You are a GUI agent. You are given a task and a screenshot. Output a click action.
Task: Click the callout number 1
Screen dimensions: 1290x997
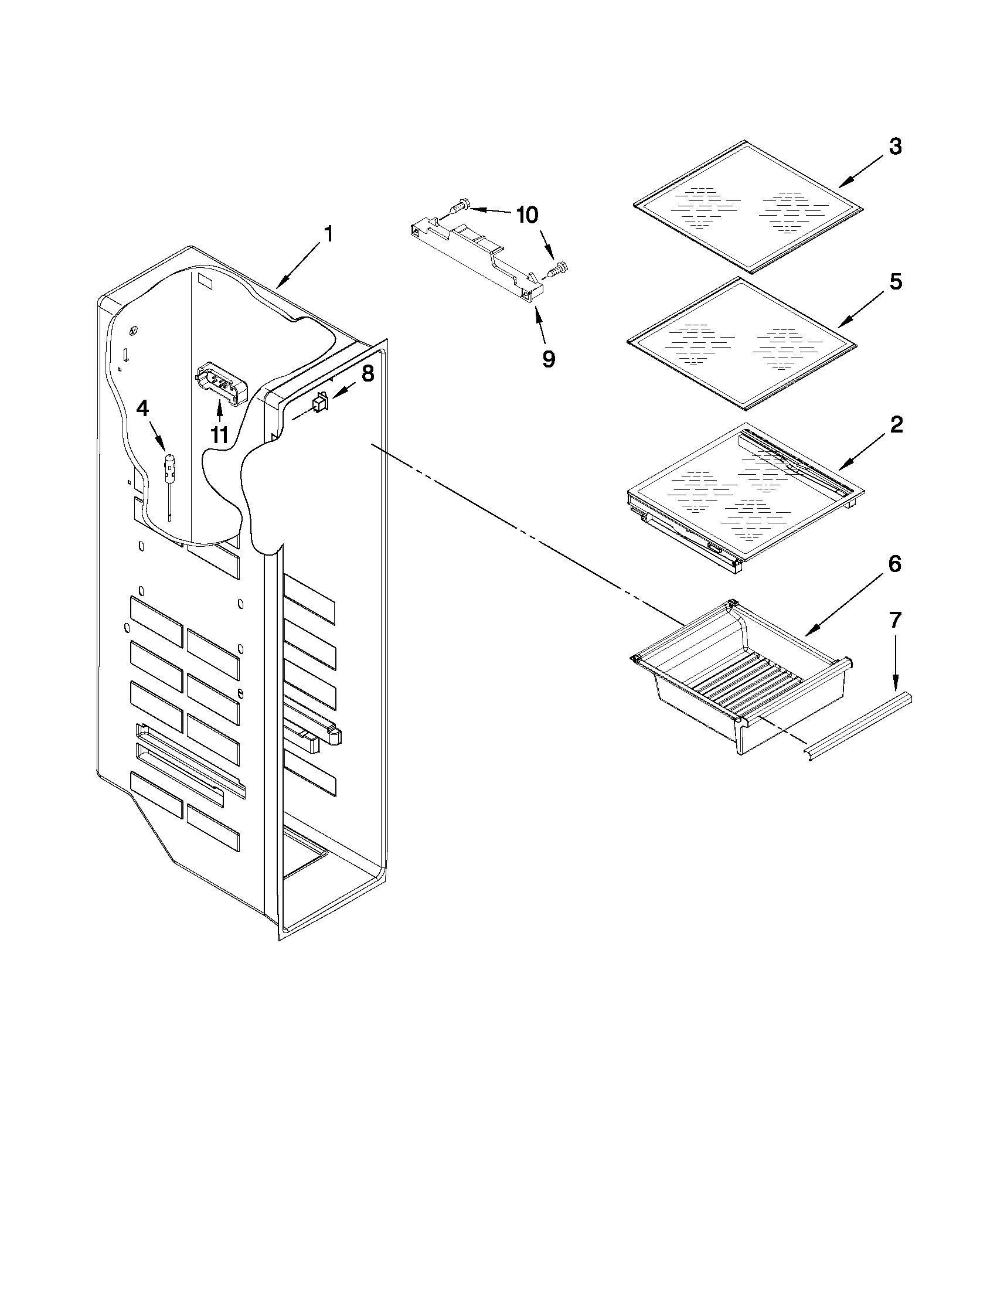[x=328, y=234]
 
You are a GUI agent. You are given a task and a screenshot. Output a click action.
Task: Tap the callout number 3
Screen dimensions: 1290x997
[x=896, y=147]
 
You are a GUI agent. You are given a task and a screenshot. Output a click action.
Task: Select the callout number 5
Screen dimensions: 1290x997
[x=896, y=282]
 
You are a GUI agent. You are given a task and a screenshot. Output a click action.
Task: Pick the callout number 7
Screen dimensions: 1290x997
[x=896, y=620]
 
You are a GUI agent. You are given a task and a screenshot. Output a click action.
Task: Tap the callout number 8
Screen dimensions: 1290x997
[x=368, y=373]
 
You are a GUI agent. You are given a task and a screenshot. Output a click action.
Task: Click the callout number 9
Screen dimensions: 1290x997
[x=549, y=359]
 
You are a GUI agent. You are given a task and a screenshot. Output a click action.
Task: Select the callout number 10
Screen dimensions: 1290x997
[x=527, y=216]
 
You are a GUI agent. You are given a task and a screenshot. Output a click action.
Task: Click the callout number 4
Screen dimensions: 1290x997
[x=142, y=408]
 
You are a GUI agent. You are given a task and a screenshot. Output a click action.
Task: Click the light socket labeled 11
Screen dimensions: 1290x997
[x=220, y=384]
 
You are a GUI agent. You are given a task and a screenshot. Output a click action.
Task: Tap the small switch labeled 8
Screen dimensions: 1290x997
[x=319, y=403]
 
